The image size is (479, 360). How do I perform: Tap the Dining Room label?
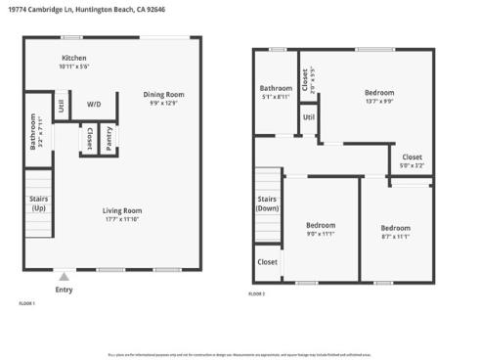coord(164,95)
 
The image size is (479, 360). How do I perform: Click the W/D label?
coord(94,103)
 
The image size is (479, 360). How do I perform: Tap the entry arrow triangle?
coord(64,276)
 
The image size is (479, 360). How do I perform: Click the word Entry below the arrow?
coord(64,289)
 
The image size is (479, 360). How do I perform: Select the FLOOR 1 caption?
coord(26,304)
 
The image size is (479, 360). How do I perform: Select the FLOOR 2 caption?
coord(256,293)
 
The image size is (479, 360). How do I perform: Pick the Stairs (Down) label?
coord(268,203)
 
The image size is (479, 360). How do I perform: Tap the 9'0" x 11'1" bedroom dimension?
coord(321,233)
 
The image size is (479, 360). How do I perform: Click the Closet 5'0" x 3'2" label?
coord(412,160)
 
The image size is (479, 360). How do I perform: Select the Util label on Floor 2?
coord(309,117)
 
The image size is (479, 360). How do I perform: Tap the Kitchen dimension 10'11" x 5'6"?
coord(74,67)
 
